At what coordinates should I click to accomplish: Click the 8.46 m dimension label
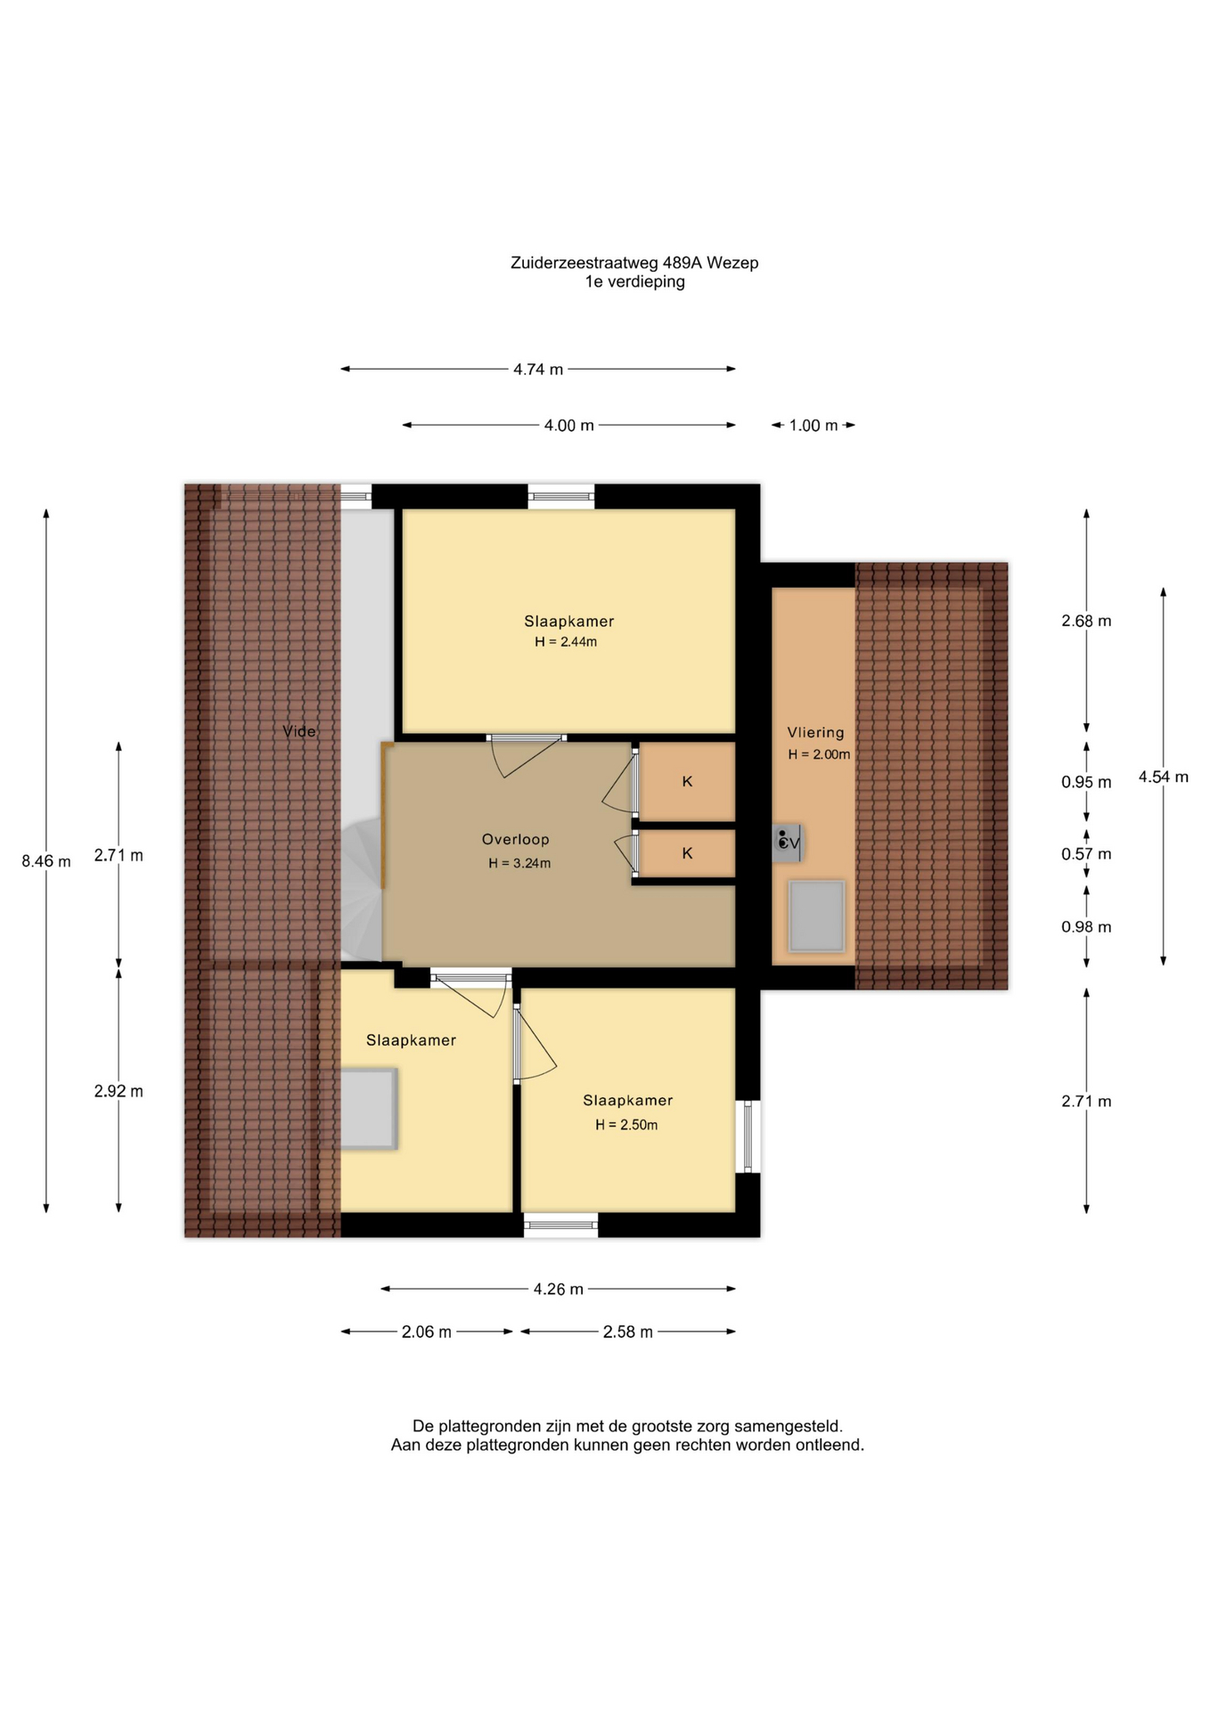pyautogui.click(x=46, y=861)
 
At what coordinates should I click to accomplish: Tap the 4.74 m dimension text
pyautogui.click(x=538, y=369)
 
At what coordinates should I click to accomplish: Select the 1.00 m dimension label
pyautogui.click(x=813, y=426)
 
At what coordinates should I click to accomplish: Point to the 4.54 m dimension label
pyautogui.click(x=1163, y=777)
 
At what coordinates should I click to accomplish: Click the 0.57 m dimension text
pyautogui.click(x=1086, y=854)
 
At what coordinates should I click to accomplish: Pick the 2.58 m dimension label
pyautogui.click(x=628, y=1331)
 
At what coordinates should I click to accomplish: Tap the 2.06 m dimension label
pyautogui.click(x=427, y=1331)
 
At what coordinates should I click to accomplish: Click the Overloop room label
pyautogui.click(x=516, y=839)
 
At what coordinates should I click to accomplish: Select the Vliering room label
pyautogui.click(x=815, y=732)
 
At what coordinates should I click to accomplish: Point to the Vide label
pyautogui.click(x=299, y=731)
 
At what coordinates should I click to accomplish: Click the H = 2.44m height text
pyautogui.click(x=566, y=641)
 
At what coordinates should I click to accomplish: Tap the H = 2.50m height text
pyautogui.click(x=626, y=1125)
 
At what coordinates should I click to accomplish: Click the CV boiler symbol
pyautogui.click(x=788, y=842)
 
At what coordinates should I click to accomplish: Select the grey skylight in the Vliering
pyautogui.click(x=816, y=916)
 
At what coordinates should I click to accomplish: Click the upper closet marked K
pyautogui.click(x=688, y=782)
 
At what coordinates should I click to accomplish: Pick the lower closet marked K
pyautogui.click(x=688, y=853)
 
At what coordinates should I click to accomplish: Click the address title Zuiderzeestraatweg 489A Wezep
pyautogui.click(x=634, y=263)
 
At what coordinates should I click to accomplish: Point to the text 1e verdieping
pyautogui.click(x=634, y=282)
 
